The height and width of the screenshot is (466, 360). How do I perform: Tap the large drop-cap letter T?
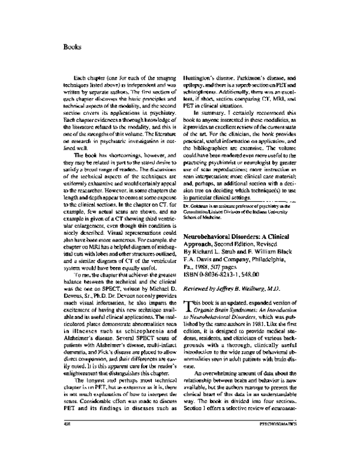tap(187, 290)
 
